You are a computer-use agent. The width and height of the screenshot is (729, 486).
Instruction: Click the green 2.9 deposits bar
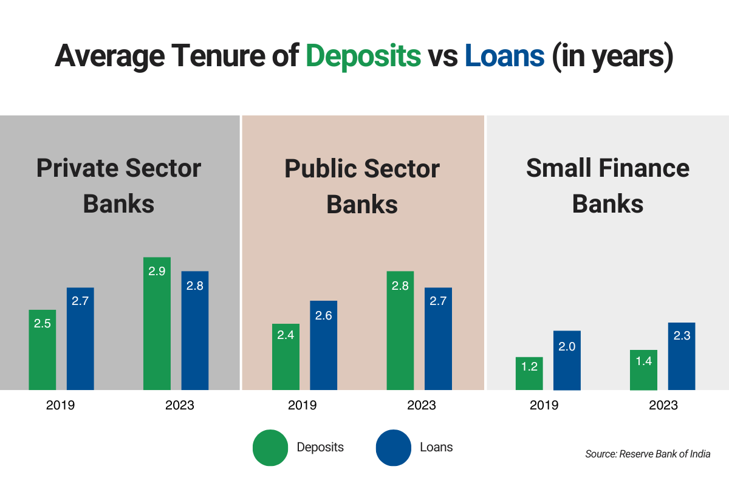point(157,323)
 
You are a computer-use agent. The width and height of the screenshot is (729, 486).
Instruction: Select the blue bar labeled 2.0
point(567,360)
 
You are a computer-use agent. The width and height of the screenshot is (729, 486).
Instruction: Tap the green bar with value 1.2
point(529,373)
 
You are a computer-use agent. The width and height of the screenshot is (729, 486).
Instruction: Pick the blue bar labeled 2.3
point(682,356)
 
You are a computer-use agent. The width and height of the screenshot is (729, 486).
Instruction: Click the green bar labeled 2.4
point(286,357)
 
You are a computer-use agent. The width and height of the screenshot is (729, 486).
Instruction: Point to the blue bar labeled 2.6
point(323,345)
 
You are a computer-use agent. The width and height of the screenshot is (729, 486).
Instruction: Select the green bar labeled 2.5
point(42,350)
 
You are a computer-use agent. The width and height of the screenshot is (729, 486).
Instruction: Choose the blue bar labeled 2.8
point(194,330)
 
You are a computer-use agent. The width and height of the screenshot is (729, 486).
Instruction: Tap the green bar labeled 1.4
point(643,370)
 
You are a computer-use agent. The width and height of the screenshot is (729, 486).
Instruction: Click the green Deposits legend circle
point(270,448)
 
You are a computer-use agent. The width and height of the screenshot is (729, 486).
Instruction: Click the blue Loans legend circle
point(393,448)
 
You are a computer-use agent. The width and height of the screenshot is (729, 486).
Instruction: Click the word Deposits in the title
point(363,56)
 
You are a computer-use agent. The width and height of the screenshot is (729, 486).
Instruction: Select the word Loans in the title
point(504,56)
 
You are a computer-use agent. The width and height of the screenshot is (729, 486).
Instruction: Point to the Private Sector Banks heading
point(118,185)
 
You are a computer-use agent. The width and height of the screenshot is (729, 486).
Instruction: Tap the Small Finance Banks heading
point(607,185)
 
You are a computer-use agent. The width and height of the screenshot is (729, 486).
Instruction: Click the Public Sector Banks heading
point(362,185)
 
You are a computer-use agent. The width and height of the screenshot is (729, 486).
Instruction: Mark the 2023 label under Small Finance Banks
point(663,405)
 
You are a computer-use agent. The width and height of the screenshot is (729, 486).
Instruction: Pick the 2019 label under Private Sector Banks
point(61,405)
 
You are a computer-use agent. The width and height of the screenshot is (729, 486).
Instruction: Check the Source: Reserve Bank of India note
point(648,454)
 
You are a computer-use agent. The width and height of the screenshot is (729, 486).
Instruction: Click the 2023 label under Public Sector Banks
point(421,405)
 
